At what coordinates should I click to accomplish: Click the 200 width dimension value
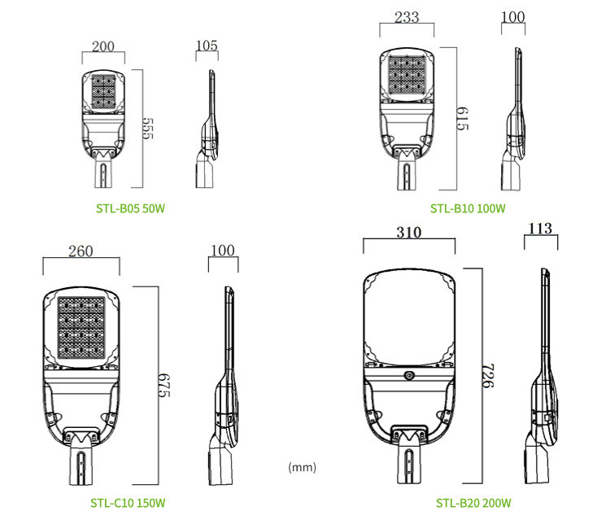[103, 46]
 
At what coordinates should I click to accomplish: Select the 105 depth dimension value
[207, 46]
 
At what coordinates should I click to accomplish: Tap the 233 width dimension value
[407, 17]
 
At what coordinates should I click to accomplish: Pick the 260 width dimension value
[81, 251]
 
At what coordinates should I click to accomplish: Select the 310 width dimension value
[408, 233]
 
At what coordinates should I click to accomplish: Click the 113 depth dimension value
[541, 229]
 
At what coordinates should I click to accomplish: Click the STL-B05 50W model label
[131, 208]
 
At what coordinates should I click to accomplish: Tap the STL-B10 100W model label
[468, 208]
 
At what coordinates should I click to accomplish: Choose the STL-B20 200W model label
[474, 503]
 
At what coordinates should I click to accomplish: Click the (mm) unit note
[302, 468]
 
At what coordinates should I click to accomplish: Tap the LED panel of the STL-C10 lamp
[81, 327]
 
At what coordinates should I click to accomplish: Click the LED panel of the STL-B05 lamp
[104, 91]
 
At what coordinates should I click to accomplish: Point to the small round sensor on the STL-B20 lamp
[408, 375]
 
